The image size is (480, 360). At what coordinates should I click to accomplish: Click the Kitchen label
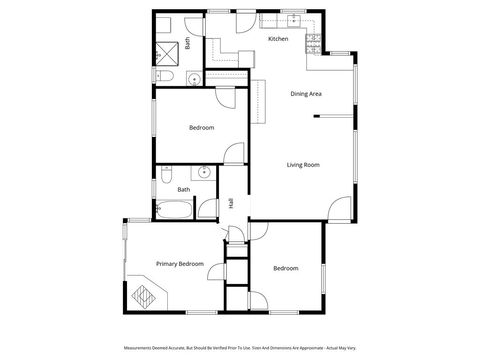coord(278,39)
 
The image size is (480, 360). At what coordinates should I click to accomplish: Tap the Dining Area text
coord(305,94)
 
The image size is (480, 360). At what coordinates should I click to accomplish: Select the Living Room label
coord(302,164)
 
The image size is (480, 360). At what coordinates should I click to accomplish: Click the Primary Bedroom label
coord(179,264)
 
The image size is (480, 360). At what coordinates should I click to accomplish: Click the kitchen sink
coord(294,21)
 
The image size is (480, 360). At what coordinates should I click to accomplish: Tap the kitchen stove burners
coord(313,42)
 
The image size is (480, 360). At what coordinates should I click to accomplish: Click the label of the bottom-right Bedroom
coord(286,268)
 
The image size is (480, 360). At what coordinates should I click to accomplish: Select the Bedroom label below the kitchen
coord(201,127)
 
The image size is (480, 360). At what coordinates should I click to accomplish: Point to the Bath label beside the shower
coord(186,43)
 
